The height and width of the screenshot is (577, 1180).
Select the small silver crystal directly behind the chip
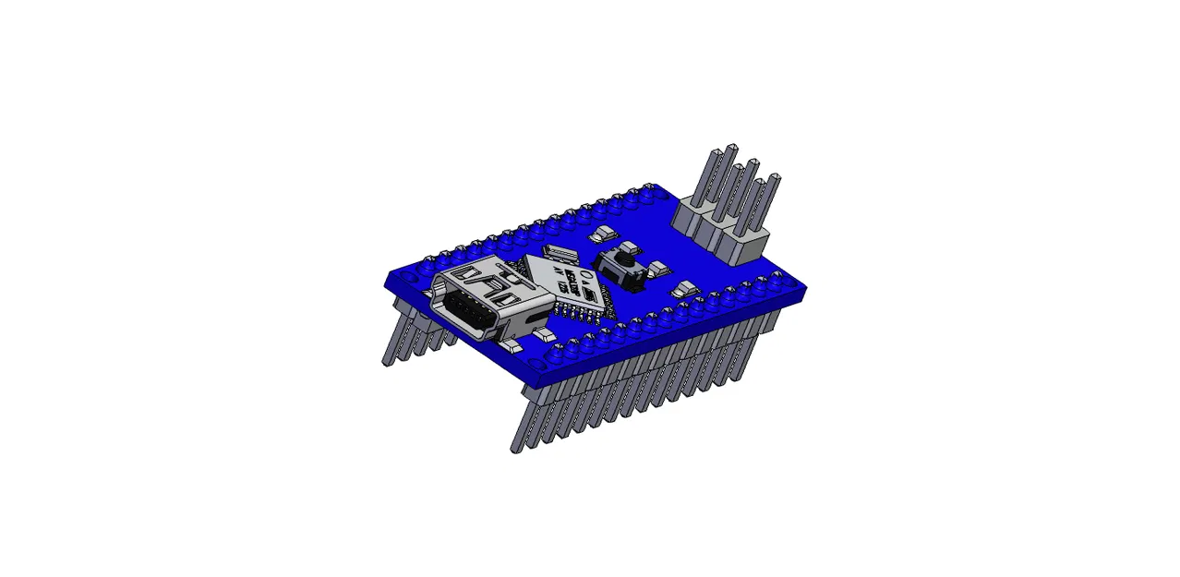click(x=557, y=252)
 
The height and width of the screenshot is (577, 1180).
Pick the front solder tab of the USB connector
click(x=510, y=346)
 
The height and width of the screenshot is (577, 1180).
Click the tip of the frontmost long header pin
click(x=515, y=449)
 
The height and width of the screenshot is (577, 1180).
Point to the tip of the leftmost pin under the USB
click(x=387, y=361)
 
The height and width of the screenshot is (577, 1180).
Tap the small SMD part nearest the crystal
click(x=603, y=234)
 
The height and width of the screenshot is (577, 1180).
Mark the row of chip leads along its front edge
click(x=577, y=311)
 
